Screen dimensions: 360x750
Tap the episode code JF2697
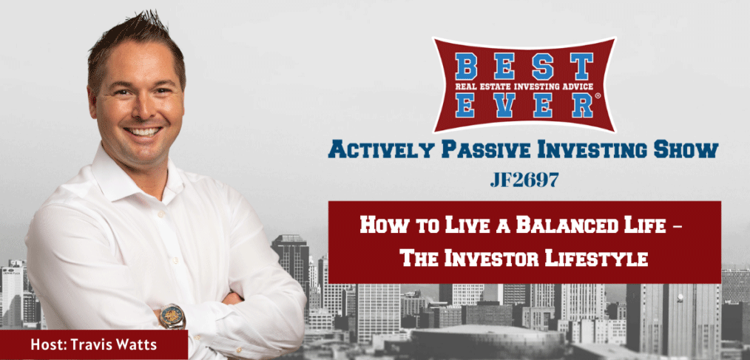click(525, 181)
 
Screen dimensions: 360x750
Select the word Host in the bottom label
click(47, 344)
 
